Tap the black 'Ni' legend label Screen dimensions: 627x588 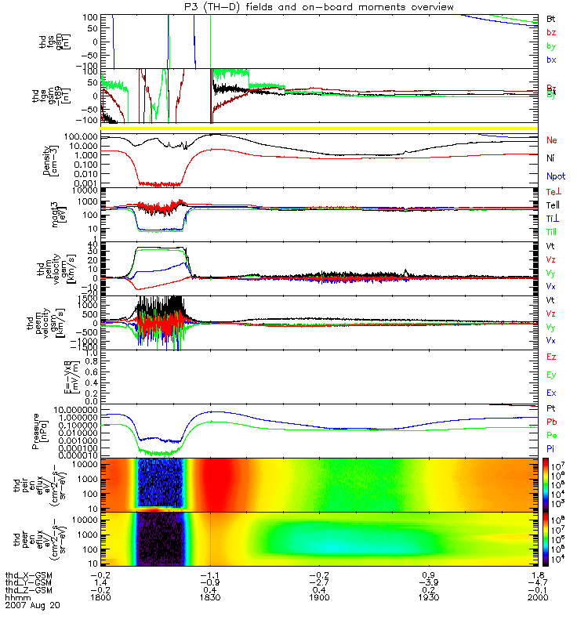coord(551,158)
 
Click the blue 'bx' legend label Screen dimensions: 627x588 coord(551,60)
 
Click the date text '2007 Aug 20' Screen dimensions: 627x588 coord(31,606)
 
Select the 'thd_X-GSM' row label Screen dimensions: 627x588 coord(26,574)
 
